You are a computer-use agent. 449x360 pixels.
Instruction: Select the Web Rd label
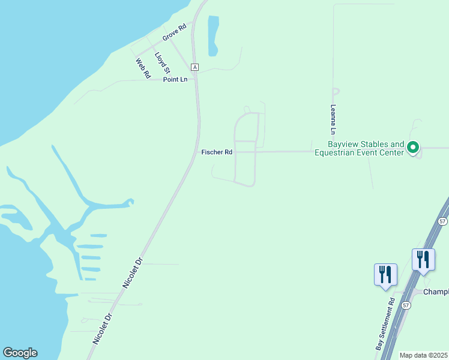pos(142,68)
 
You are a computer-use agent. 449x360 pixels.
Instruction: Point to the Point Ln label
pos(175,79)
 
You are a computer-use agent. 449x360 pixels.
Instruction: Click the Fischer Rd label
pos(217,152)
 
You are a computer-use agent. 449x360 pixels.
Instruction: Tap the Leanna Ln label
pos(333,119)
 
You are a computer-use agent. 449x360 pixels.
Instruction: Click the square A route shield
pos(194,67)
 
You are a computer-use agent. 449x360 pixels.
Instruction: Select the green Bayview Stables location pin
pos(413,147)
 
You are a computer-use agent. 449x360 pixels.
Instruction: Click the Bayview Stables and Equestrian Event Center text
pos(366,148)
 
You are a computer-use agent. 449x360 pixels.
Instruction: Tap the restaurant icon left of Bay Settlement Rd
pos(385,275)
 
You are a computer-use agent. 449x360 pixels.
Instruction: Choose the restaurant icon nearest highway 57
pos(423,259)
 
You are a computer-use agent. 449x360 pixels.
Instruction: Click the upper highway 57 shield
pos(442,221)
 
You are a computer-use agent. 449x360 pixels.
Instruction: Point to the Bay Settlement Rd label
pos(385,324)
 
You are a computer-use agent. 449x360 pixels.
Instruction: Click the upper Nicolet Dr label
pos(133,273)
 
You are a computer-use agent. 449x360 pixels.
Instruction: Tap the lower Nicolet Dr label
pos(102,329)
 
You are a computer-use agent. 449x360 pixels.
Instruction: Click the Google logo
pos(20,353)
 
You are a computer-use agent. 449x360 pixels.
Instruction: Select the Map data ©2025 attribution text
pos(423,355)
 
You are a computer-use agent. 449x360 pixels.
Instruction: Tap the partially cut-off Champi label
pos(436,292)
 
